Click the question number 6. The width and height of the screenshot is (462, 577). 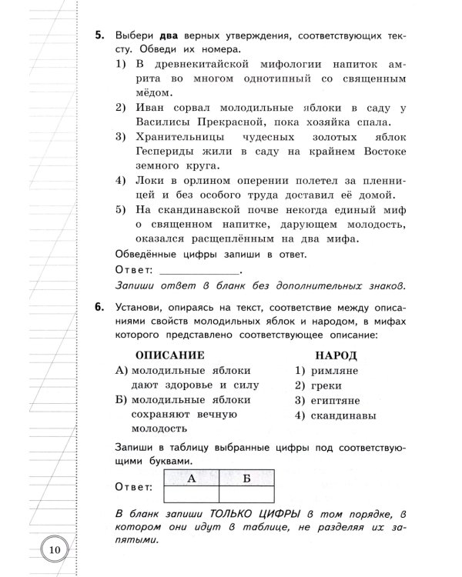click(99, 308)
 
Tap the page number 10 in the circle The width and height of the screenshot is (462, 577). click(53, 549)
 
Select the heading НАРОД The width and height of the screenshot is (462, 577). click(336, 355)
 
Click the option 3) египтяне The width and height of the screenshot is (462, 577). click(327, 401)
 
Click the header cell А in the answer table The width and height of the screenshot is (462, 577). click(189, 478)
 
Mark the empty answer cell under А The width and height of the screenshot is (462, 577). click(189, 495)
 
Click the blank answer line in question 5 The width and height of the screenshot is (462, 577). click(198, 271)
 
